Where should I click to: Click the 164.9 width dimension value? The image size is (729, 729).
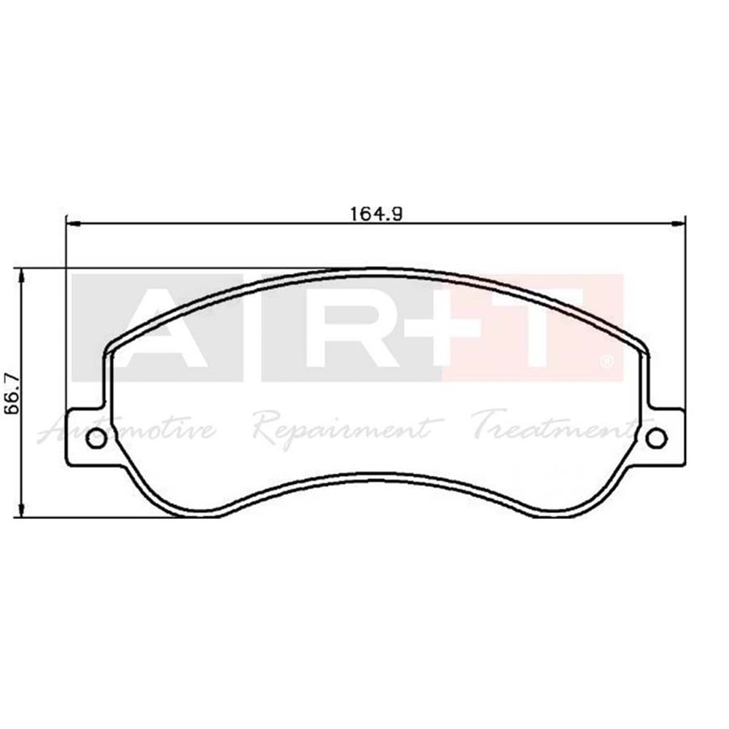376,214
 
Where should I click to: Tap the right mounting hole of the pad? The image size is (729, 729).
656,438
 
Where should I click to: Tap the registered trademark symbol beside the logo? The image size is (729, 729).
606,361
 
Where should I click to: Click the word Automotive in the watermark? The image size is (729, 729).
128,430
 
